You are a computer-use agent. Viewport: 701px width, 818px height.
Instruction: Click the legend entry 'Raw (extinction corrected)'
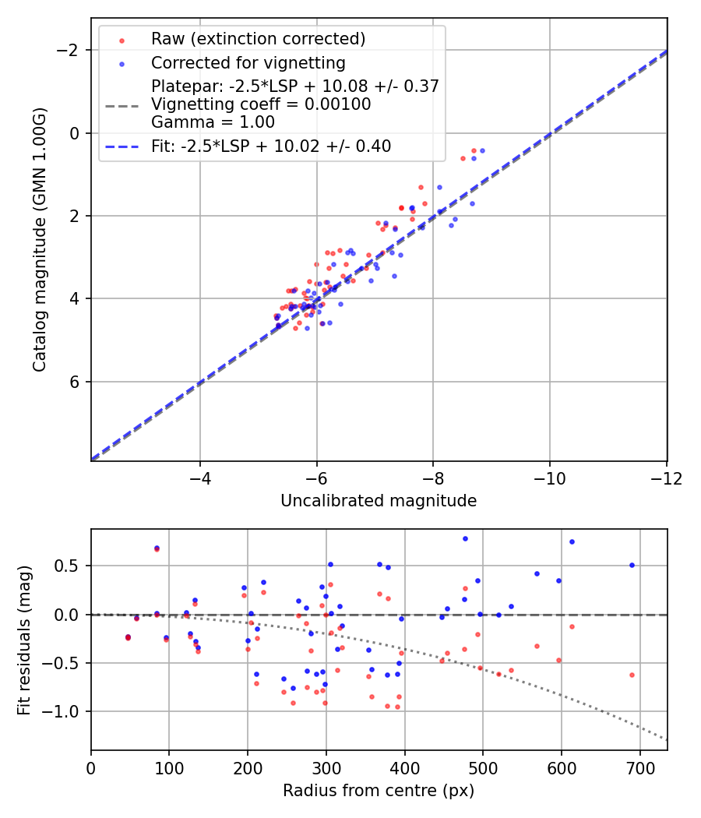click(258, 39)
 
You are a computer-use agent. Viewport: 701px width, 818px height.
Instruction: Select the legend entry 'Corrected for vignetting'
click(248, 62)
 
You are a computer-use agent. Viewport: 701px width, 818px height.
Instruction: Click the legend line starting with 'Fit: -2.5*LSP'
click(271, 146)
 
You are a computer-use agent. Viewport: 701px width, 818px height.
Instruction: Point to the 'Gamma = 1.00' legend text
click(213, 122)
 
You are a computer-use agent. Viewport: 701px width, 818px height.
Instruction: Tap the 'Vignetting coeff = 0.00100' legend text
click(261, 104)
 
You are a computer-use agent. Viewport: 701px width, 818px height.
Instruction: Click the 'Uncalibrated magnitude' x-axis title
click(379, 501)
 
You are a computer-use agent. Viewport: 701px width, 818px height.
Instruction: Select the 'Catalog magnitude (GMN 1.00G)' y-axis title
click(40, 239)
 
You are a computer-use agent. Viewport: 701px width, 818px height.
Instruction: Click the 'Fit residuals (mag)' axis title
click(24, 640)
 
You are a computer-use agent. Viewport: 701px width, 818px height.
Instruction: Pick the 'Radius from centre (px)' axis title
click(379, 791)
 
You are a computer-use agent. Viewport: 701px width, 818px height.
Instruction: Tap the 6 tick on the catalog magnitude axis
click(76, 382)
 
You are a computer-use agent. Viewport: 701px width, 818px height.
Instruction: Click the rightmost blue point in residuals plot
click(632, 565)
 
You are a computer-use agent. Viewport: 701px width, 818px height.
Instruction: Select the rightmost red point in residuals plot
click(632, 675)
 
